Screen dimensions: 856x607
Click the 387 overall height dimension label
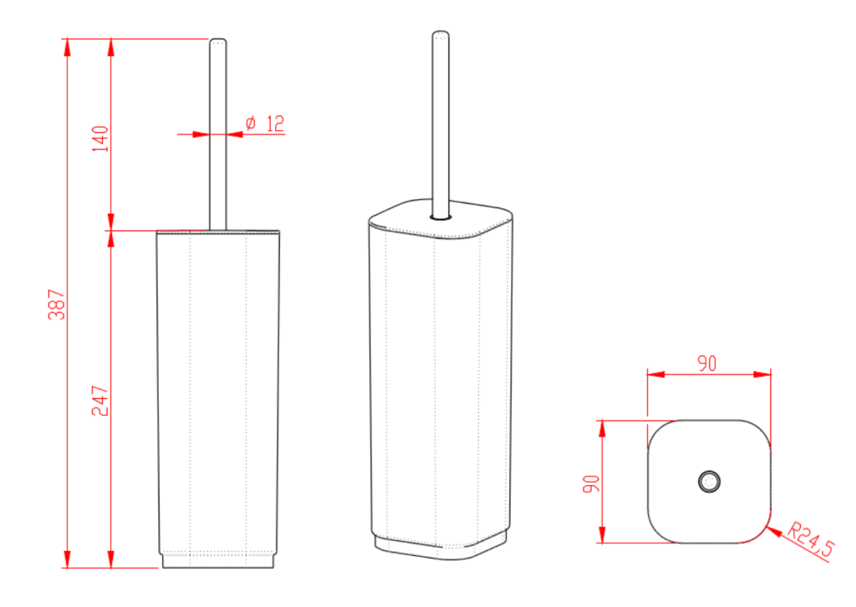coord(57,304)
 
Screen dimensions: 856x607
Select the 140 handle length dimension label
coord(100,139)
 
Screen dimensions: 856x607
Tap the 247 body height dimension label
coord(100,401)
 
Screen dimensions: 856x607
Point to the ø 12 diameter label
coord(265,124)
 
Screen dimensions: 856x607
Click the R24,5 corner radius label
coord(811,540)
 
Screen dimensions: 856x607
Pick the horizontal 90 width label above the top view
coord(707,364)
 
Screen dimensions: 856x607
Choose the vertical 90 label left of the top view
coord(591,483)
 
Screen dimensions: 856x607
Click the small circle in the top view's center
coord(709,482)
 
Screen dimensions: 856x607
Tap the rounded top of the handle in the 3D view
coord(441,34)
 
